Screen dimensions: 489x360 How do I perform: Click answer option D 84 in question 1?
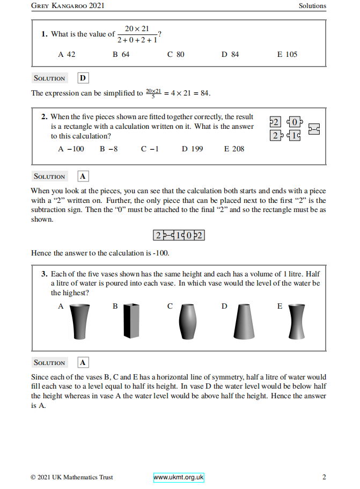click(230, 54)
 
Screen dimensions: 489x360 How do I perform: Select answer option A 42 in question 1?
click(67, 54)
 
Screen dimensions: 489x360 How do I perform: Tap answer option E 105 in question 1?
click(287, 54)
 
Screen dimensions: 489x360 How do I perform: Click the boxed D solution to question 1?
click(83, 78)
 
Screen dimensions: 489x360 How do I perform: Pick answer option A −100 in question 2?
click(71, 149)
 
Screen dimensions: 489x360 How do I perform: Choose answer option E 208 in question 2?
click(234, 149)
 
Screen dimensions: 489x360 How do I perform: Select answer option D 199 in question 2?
click(192, 149)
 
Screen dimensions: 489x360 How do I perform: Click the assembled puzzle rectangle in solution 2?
click(179, 235)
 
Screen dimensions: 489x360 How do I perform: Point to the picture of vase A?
click(80, 322)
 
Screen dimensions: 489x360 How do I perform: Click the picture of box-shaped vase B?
click(131, 322)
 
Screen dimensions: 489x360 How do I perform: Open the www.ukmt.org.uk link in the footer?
click(179, 477)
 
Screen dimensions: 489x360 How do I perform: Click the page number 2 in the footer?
click(324, 477)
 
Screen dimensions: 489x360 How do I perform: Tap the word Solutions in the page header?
click(312, 6)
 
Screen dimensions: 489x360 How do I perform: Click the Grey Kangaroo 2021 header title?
click(68, 6)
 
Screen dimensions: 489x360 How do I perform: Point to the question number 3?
click(44, 274)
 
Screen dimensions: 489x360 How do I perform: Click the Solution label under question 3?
click(49, 363)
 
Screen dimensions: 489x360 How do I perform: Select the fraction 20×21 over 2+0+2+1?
click(137, 34)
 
